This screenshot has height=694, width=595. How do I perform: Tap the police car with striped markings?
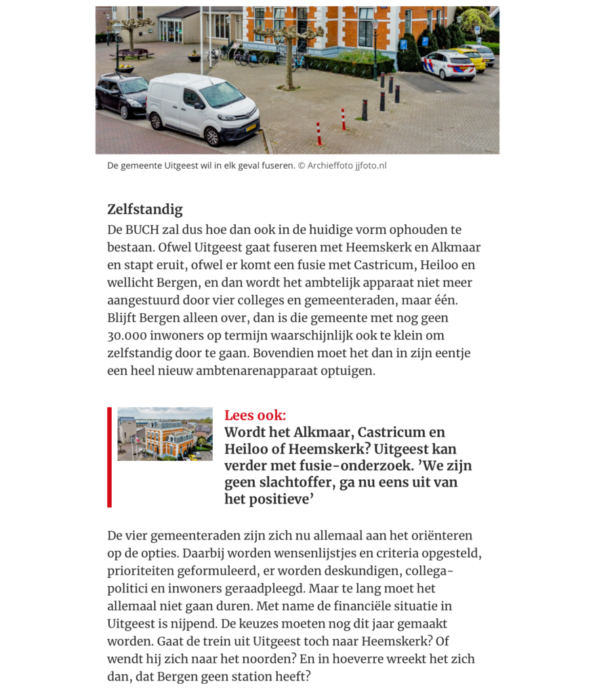point(448,65)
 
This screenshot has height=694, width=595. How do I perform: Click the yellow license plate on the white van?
point(251,127)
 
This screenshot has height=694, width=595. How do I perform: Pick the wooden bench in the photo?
point(132,53)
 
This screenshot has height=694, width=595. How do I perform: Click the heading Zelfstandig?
point(145,209)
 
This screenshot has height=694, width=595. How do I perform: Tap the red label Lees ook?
point(255,415)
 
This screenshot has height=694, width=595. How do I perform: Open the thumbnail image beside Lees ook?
point(165,434)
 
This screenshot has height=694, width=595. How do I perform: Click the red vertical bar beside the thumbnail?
point(109,457)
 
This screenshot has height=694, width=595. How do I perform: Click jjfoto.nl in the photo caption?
point(371,165)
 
